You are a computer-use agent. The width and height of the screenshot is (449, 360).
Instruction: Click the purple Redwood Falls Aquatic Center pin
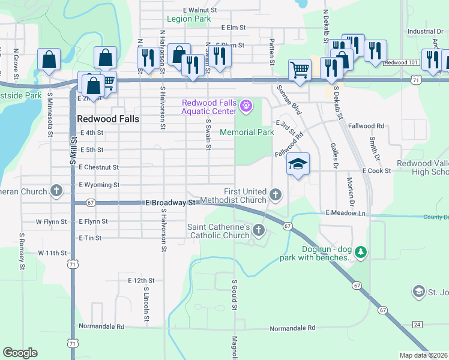pyautogui.click(x=245, y=107)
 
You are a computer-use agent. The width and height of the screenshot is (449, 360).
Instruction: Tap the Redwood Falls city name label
pyautogui.click(x=108, y=119)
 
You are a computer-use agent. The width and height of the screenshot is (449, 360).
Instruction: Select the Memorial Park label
pyautogui.click(x=247, y=132)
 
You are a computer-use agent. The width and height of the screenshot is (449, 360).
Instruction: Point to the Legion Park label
pyautogui.click(x=189, y=19)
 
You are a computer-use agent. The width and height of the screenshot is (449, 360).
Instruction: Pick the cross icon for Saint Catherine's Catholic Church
pyautogui.click(x=259, y=230)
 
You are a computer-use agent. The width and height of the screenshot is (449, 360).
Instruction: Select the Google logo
pyautogui.click(x=20, y=353)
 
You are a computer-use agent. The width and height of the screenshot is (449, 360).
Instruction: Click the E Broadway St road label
pyautogui.click(x=171, y=203)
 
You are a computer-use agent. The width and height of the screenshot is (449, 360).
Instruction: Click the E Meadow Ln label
pyautogui.click(x=346, y=213)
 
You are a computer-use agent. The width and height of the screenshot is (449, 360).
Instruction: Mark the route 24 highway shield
pyautogui.click(x=417, y=325)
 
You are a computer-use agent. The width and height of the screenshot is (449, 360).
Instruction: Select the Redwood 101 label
pyautogui.click(x=401, y=62)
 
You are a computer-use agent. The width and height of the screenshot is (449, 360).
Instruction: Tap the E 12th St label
pyautogui.click(x=141, y=280)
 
